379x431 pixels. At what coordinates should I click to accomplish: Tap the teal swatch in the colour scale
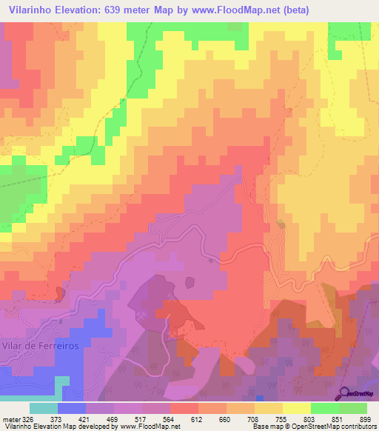pos(44,407)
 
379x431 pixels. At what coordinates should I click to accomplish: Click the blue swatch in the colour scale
pos(72,407)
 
